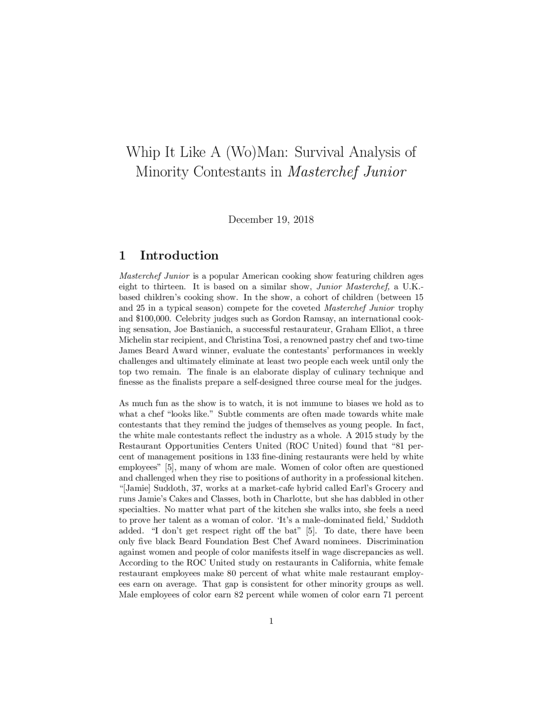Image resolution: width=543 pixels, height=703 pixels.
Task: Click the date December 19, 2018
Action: [x=271, y=219]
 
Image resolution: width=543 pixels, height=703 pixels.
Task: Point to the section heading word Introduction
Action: [x=179, y=256]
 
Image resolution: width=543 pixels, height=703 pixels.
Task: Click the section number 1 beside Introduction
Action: [x=122, y=256]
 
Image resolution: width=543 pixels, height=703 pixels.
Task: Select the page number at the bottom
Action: [x=271, y=621]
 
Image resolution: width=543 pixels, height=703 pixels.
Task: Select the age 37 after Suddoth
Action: [x=196, y=489]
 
